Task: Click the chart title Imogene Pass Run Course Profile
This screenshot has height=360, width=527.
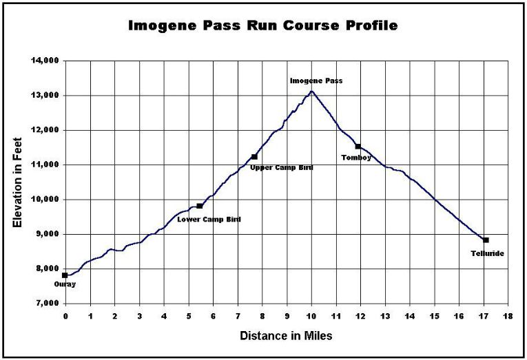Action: (x=263, y=26)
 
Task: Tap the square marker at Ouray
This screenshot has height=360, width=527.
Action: (x=65, y=275)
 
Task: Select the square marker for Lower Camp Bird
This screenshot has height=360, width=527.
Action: (x=200, y=206)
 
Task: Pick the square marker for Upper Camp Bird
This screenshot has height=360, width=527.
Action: (x=254, y=157)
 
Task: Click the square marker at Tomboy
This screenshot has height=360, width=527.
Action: (x=358, y=146)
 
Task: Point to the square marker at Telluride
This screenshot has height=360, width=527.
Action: (x=486, y=240)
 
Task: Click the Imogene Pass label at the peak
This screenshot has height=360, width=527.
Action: (x=316, y=81)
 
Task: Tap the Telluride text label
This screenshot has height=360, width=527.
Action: (x=486, y=253)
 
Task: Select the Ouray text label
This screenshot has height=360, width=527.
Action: (x=65, y=284)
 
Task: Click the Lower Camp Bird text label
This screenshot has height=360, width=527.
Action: (x=209, y=219)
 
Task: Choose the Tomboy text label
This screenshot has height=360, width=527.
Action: (x=356, y=158)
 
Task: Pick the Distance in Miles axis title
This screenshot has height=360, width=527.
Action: (x=286, y=337)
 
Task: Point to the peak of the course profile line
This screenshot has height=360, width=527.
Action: (x=311, y=91)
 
